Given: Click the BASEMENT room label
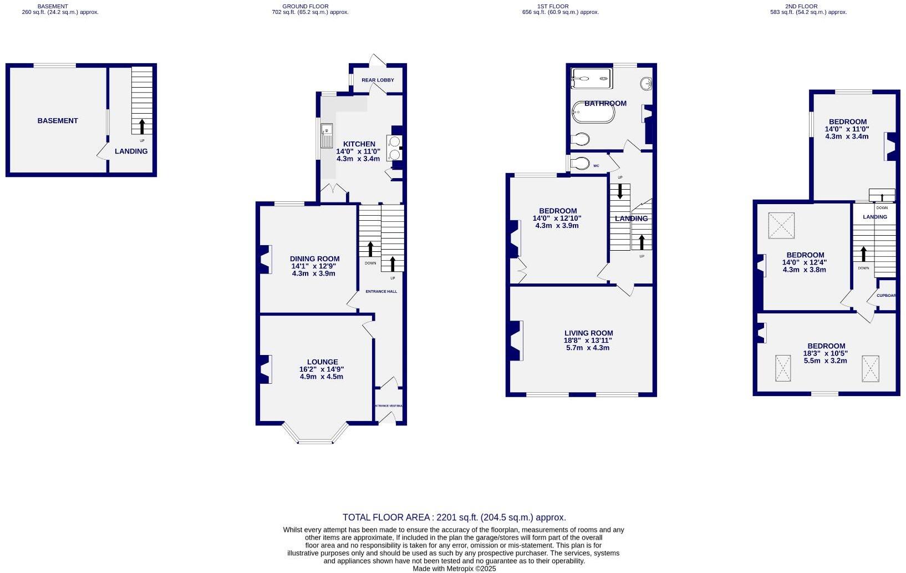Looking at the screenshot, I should tap(58, 120).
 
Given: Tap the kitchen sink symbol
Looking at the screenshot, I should tap(326, 136).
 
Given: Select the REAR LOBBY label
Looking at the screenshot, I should tap(378, 80).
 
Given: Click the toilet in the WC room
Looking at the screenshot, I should tap(581, 164).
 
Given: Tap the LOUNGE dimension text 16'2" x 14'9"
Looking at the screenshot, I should tap(322, 369).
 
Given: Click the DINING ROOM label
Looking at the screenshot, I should tap(314, 258).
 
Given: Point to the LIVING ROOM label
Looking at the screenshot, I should tap(588, 333).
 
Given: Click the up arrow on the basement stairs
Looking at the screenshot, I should tap(142, 126).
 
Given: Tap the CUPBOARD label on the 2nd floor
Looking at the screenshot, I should tap(886, 295).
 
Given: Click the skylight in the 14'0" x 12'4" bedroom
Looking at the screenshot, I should tap(781, 226).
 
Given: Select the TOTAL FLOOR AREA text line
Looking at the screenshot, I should tap(454, 517).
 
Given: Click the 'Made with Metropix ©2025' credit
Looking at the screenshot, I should tap(454, 569).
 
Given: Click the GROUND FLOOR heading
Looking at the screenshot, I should tap(305, 6).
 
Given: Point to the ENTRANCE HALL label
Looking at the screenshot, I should tap(381, 291).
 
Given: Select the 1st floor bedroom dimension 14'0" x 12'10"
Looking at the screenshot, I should tap(557, 219).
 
